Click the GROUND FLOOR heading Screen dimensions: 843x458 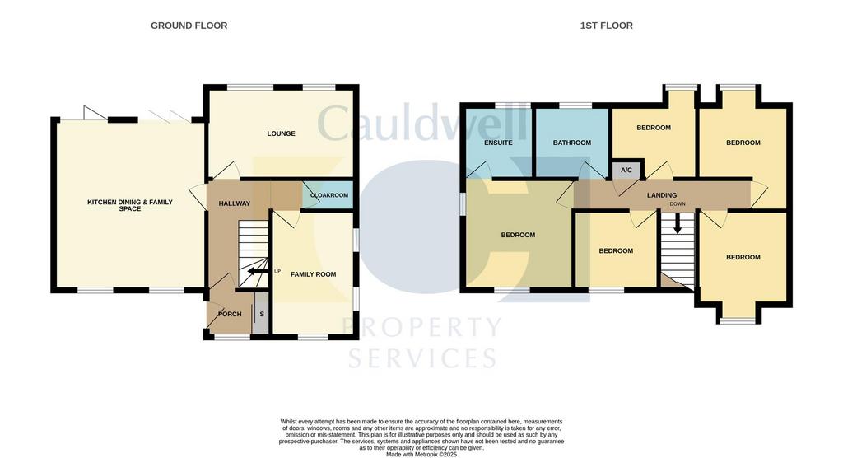[x=189, y=26]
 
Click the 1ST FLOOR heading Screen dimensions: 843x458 [x=606, y=26]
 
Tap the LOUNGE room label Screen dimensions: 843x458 [x=282, y=133]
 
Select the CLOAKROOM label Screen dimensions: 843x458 [x=329, y=195]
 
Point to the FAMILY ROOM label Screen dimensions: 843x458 [x=314, y=274]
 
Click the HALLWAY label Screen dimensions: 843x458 [x=235, y=203]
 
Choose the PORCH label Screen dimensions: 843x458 [x=230, y=314]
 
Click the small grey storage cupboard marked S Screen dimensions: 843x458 [x=261, y=313]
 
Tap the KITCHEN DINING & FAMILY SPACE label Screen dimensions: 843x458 [x=130, y=205]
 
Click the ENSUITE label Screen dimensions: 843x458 [x=498, y=143]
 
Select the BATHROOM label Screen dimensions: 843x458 [x=572, y=143]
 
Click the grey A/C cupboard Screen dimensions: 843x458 [x=626, y=170]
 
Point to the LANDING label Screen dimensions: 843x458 [x=662, y=195]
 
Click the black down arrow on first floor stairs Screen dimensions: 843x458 [x=678, y=223]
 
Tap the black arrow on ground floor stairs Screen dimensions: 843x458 [x=258, y=271]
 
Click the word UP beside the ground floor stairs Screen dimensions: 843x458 [x=277, y=271]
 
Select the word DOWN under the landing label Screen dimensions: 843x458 [x=678, y=204]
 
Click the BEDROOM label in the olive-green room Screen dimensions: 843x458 [x=519, y=236]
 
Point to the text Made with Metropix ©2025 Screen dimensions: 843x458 [x=421, y=454]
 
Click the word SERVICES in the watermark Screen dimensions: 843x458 [x=422, y=358]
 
